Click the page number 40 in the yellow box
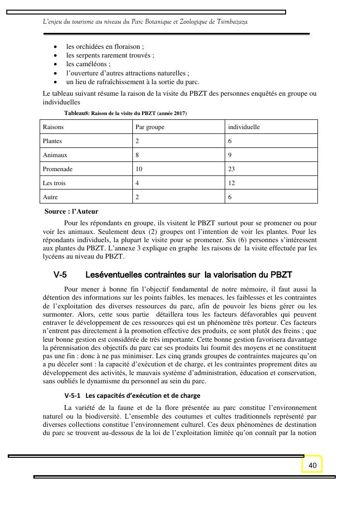[312, 465]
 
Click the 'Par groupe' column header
[150, 127]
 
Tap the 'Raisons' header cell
[53, 127]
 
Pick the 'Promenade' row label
[58, 169]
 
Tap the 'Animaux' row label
[55, 155]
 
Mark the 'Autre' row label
[50, 197]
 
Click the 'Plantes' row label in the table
[52, 141]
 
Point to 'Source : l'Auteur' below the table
[71, 211]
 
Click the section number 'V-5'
[60, 275]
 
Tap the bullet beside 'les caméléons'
[56, 64]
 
